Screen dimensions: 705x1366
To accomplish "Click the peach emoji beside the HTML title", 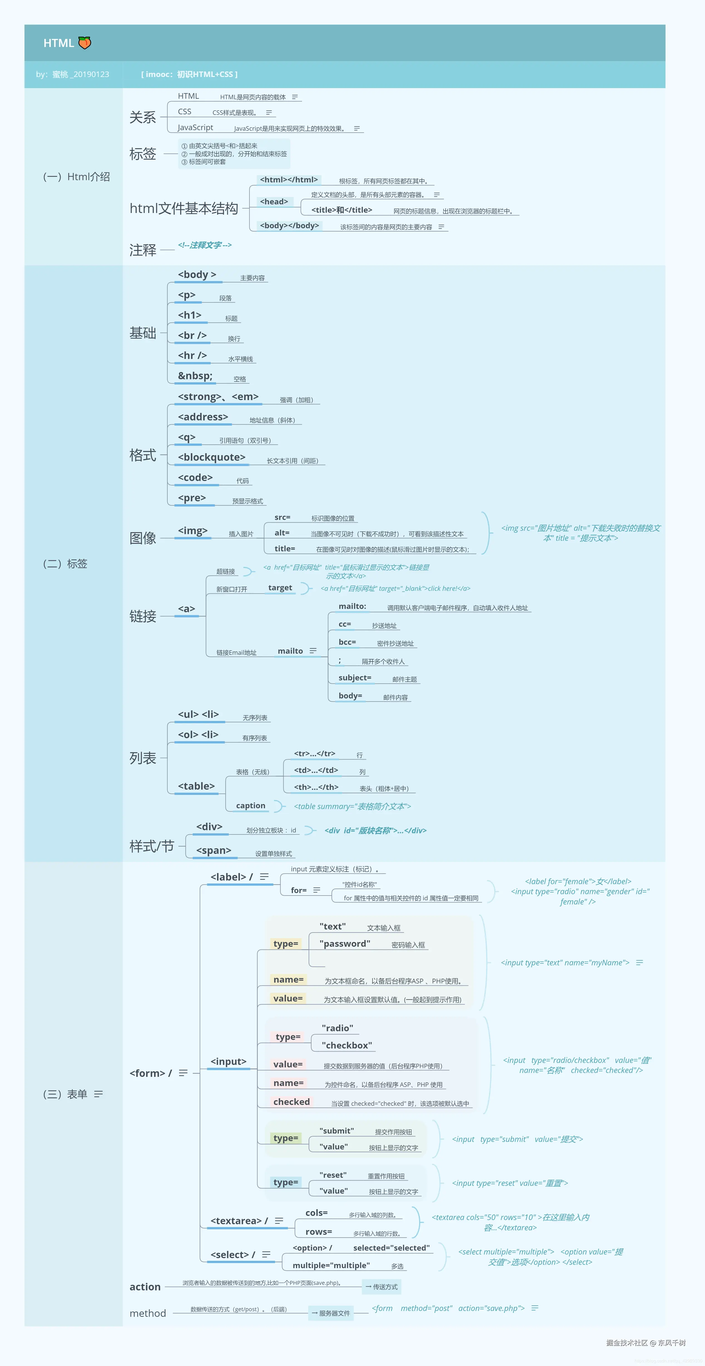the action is tap(84, 43).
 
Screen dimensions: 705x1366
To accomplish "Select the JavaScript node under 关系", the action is tap(195, 128).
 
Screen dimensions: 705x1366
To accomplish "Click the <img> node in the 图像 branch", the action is tap(192, 531).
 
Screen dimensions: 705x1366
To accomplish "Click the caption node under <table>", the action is tap(250, 805).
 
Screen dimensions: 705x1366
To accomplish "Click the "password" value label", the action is tap(345, 943).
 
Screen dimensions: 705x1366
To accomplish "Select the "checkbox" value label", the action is tap(347, 1045).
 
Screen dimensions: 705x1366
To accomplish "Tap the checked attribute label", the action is tap(291, 1102).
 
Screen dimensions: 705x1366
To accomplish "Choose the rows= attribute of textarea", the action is tap(318, 1232).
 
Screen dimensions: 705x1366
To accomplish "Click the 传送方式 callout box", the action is tap(381, 1287).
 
